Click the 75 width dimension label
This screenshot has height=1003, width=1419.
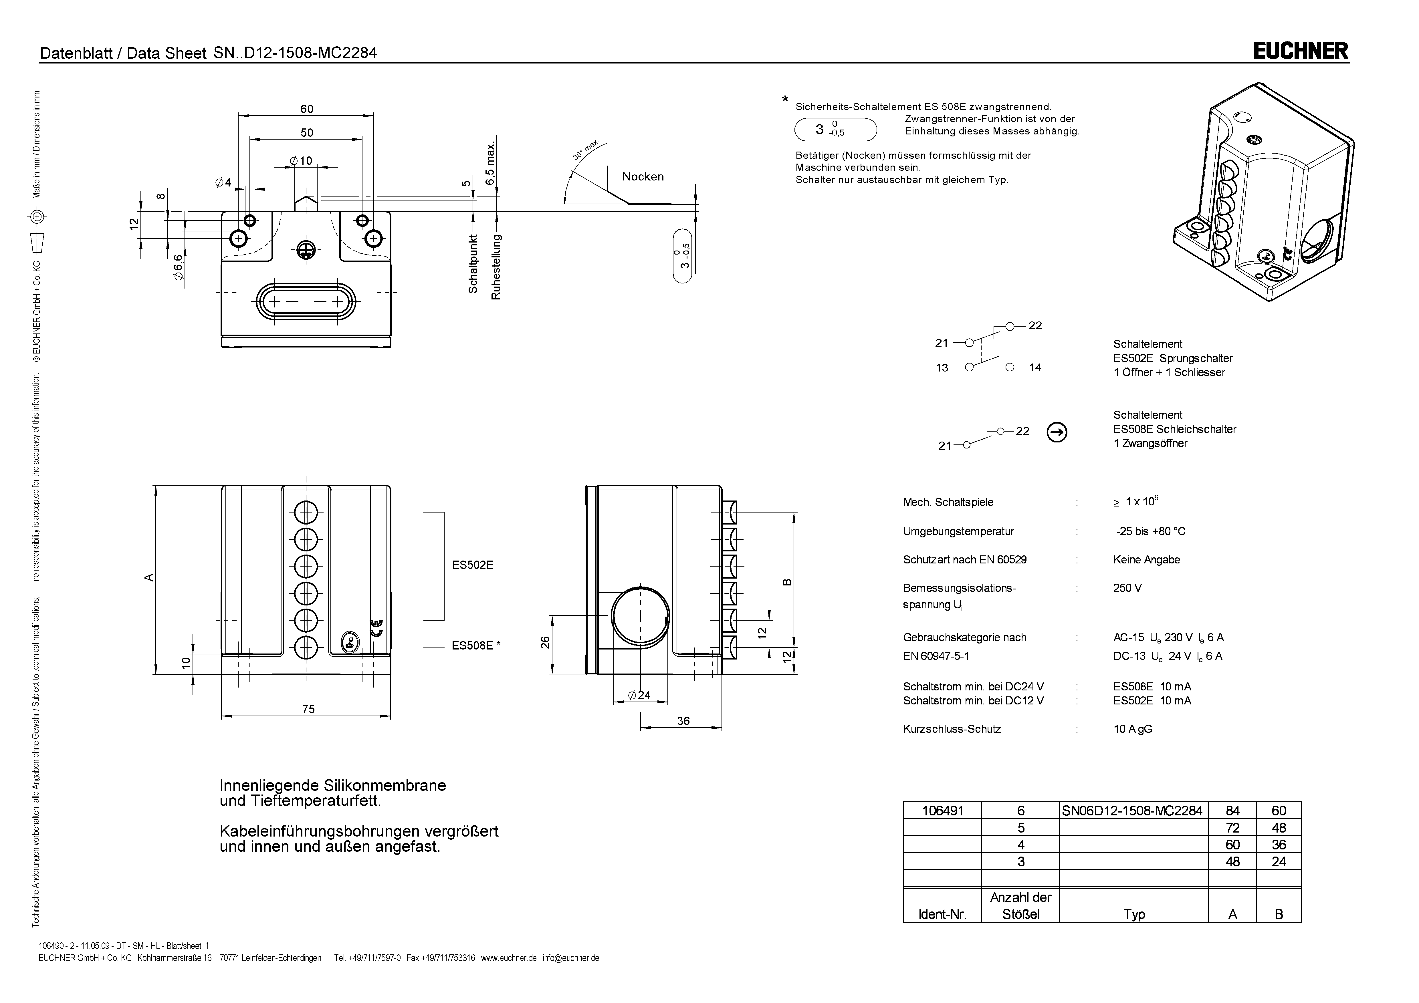[x=308, y=709]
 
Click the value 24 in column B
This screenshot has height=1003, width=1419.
[x=1279, y=861]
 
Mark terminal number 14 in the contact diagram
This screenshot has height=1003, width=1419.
[x=1035, y=368]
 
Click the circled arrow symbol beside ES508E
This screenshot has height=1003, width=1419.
[x=1057, y=433]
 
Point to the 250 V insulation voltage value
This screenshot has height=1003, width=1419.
[x=1127, y=588]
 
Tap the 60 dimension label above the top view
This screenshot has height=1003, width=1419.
[x=306, y=109]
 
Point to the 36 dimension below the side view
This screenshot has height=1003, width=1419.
[x=683, y=721]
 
